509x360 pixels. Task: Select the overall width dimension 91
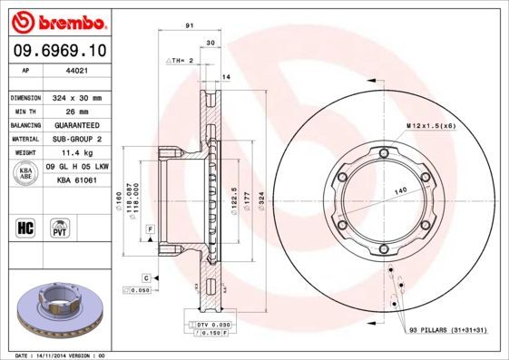(188, 26)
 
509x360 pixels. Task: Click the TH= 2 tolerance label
(181, 60)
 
